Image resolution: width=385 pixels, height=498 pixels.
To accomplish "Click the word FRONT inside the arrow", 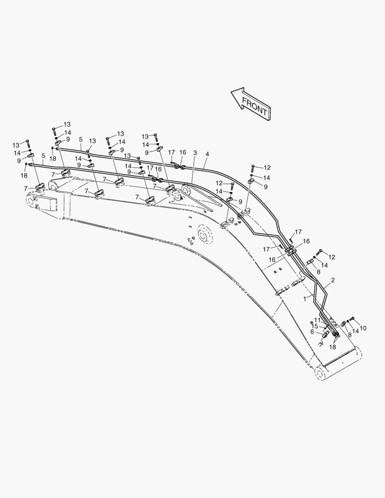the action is click(x=255, y=106).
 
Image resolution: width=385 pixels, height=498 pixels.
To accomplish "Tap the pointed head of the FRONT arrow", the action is click(x=231, y=92).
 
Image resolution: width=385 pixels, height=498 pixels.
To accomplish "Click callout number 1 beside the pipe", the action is click(x=305, y=299).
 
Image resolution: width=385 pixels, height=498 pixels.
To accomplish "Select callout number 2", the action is click(x=332, y=280).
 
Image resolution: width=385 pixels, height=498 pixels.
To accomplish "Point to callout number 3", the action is click(x=195, y=153).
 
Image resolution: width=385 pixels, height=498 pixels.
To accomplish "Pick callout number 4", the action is click(x=207, y=154).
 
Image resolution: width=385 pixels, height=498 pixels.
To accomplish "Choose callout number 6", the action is click(x=312, y=332).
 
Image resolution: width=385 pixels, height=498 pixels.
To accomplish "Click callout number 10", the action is click(x=363, y=328).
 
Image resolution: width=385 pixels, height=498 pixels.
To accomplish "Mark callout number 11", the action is click(x=317, y=320).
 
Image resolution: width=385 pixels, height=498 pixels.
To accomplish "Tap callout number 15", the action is click(x=314, y=326).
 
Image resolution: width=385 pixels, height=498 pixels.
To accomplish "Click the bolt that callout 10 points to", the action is click(x=352, y=319).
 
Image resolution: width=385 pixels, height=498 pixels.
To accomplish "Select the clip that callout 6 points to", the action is click(x=326, y=334).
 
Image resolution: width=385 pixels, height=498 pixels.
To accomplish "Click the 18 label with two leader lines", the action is click(x=332, y=347).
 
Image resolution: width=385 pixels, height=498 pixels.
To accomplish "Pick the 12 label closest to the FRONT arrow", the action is click(x=267, y=167).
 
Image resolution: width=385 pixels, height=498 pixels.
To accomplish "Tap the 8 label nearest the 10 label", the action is click(x=349, y=334).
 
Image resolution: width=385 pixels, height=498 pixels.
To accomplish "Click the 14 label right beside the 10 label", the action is click(x=355, y=331).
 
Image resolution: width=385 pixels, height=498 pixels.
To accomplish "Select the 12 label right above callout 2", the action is click(x=332, y=257).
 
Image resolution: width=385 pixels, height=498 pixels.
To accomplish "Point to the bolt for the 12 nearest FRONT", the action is click(x=253, y=168).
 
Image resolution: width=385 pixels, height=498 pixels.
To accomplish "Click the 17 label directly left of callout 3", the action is click(x=172, y=153).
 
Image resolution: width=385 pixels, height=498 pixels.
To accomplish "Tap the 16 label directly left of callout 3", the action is click(x=183, y=153).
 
